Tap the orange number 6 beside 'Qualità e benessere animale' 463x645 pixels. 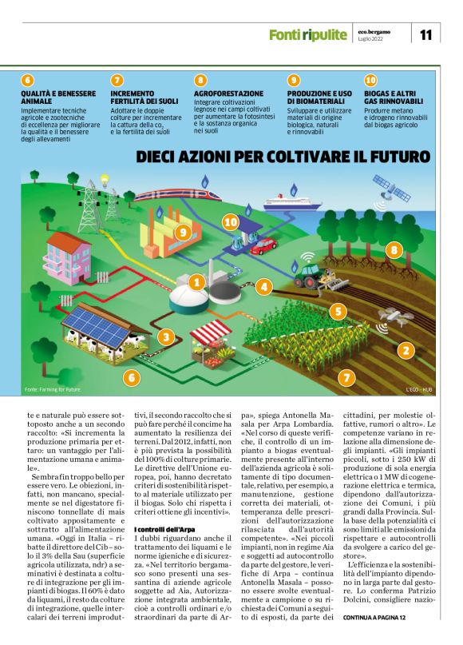coord(28,80)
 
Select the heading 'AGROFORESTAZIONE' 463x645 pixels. coord(228,94)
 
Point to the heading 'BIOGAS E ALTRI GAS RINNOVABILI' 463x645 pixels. coord(394,98)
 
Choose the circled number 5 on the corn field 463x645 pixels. coord(338,312)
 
